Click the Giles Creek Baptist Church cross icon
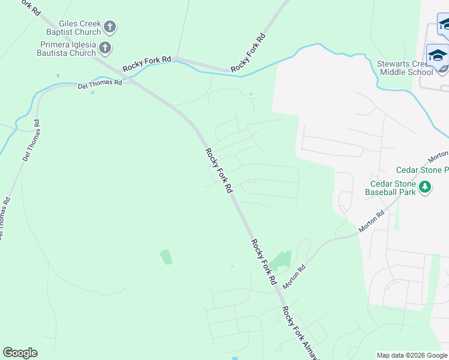[x=109, y=27]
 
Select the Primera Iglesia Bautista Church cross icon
[x=104, y=47]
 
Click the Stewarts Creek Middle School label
[x=405, y=68]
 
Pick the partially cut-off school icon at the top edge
[x=444, y=25]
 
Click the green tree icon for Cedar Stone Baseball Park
[x=425, y=187]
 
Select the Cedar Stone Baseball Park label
[x=394, y=188]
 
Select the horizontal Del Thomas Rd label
[x=100, y=83]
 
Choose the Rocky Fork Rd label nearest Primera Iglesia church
[x=147, y=64]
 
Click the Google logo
[x=20, y=353]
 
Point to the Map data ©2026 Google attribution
[x=411, y=355]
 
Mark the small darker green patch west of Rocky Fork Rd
[x=166, y=257]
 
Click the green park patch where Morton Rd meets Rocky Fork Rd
[x=279, y=260]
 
